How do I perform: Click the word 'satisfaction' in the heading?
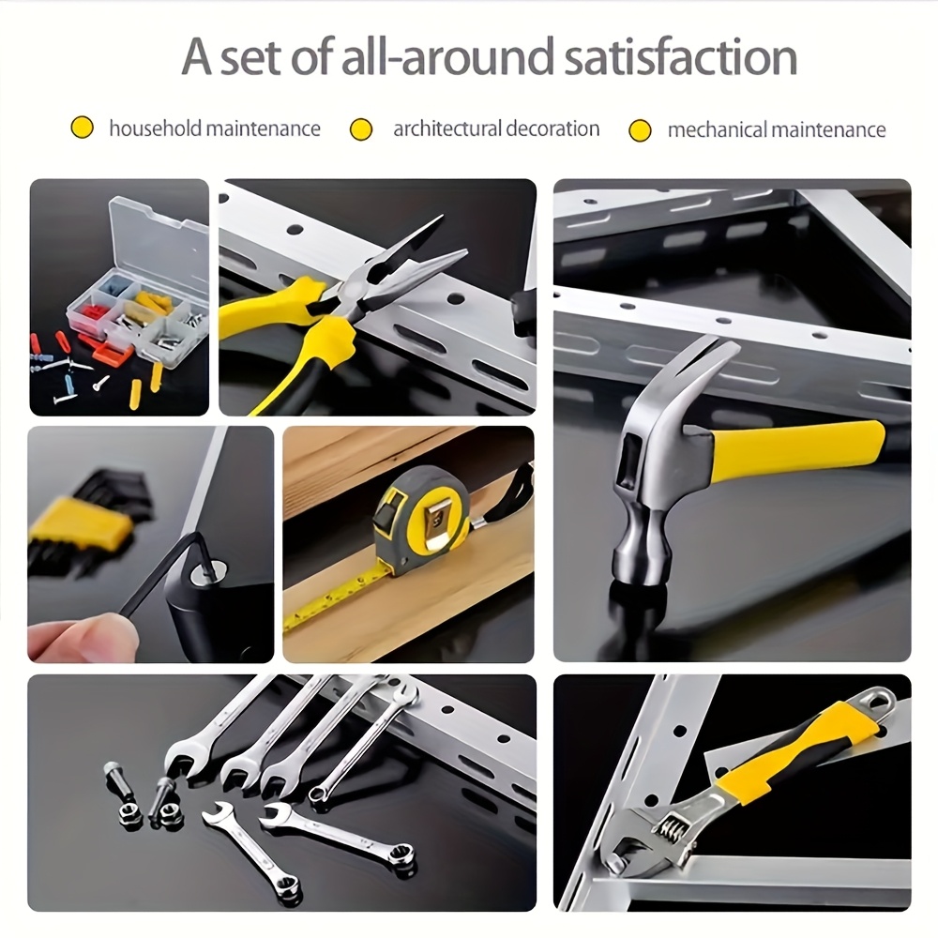[681, 57]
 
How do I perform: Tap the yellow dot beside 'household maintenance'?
[82, 128]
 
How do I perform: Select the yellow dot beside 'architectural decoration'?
[361, 129]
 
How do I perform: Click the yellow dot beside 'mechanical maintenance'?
[640, 129]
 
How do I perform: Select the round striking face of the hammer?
[639, 573]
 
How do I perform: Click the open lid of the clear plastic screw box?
[158, 239]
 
